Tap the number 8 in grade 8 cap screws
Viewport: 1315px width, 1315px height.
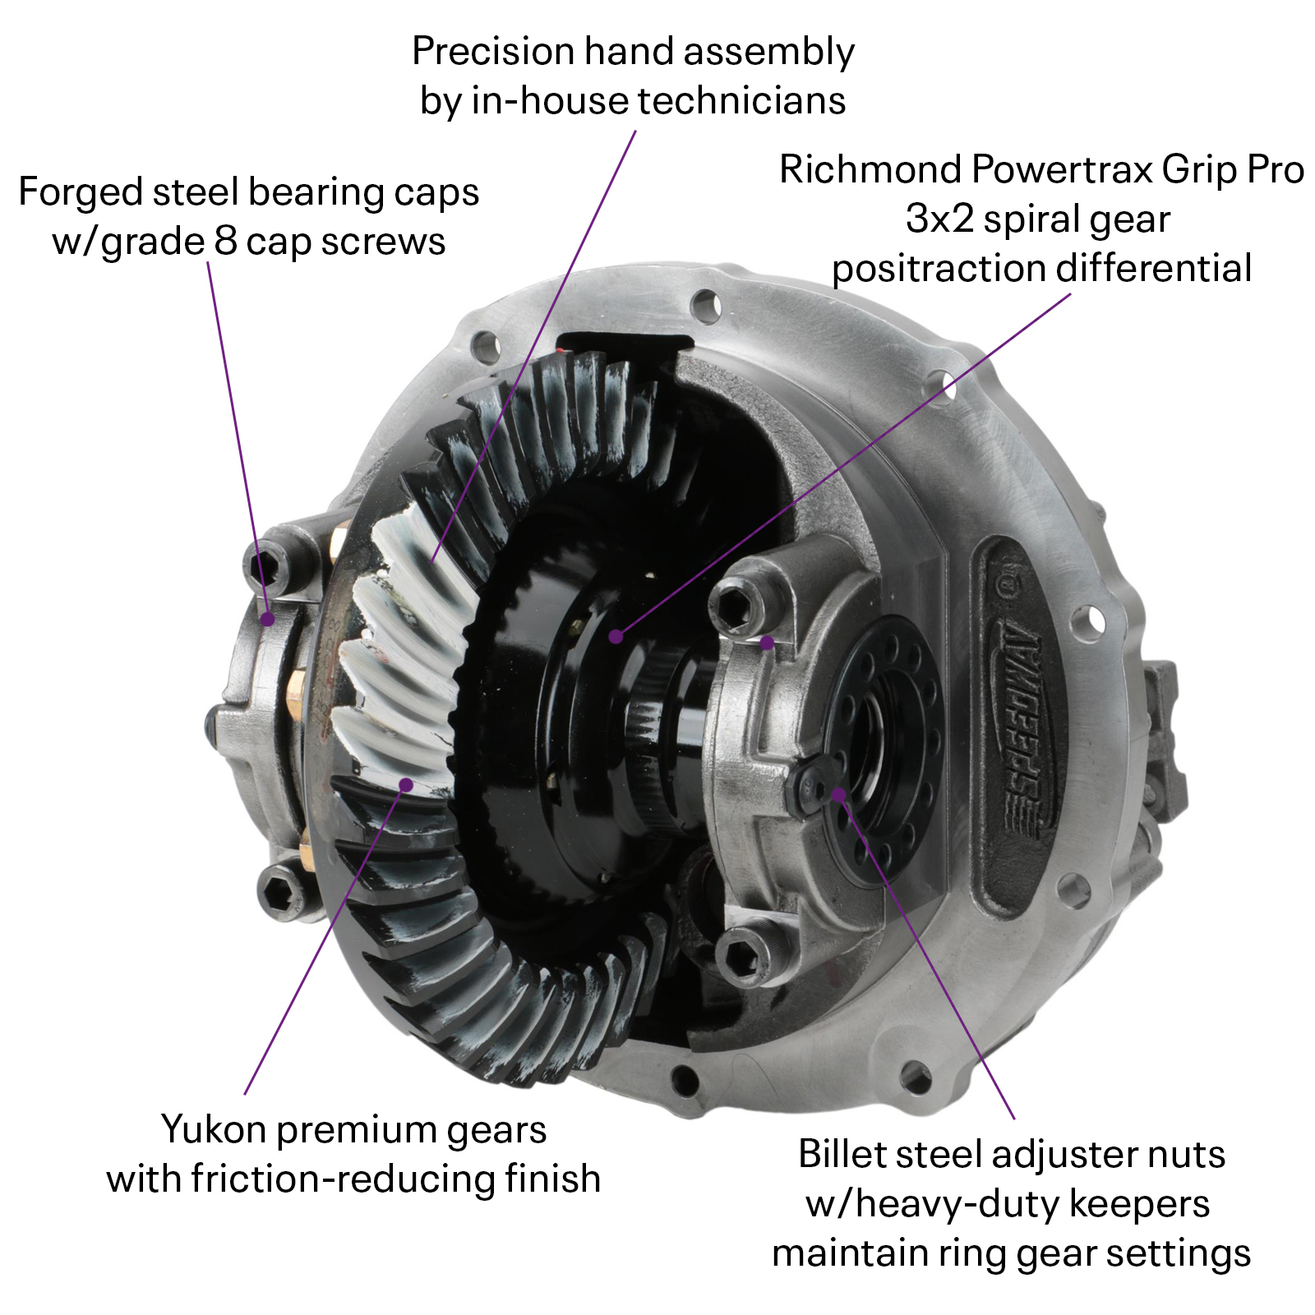(x=225, y=242)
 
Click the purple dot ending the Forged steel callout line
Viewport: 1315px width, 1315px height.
(x=267, y=619)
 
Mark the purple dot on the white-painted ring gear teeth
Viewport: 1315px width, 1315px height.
(x=406, y=784)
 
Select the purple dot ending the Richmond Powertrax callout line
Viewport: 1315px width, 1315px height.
(x=616, y=635)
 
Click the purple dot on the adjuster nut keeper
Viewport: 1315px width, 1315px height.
(x=838, y=793)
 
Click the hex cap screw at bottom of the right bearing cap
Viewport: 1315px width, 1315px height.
(x=742, y=953)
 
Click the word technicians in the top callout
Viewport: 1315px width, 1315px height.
(x=741, y=101)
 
